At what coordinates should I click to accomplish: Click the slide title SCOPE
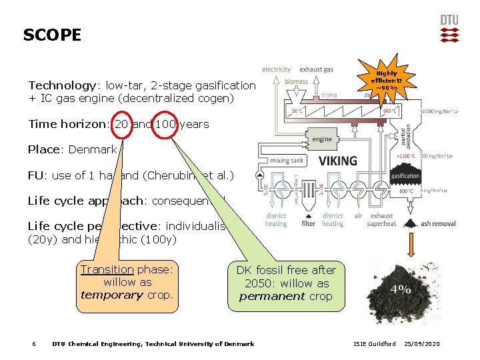[x=52, y=35]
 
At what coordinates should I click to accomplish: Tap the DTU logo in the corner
[x=449, y=29]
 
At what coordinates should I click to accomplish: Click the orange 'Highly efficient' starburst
[x=386, y=81]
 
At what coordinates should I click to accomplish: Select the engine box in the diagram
[x=322, y=140]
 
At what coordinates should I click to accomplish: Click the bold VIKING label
[x=338, y=161]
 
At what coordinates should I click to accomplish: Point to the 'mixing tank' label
[x=287, y=160]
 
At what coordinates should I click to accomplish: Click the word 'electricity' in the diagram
[x=276, y=69]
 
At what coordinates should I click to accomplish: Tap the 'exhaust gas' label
[x=316, y=69]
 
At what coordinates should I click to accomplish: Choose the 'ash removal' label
[x=439, y=223]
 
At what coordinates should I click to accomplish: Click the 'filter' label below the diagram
[x=309, y=223]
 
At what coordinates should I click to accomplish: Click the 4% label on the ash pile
[x=400, y=290]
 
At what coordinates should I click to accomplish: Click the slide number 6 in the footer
[x=33, y=344]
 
